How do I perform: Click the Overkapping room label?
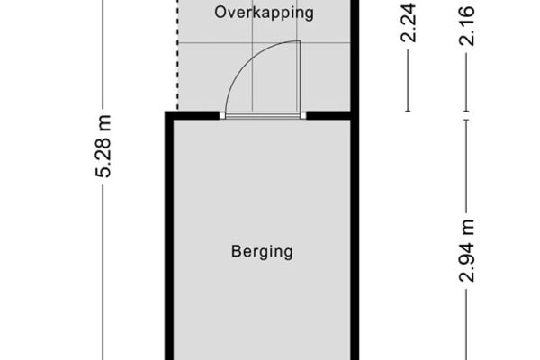tap(264, 13)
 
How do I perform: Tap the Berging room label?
tap(262, 252)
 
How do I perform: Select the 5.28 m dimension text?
tap(103, 147)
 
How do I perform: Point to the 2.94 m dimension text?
tap(467, 251)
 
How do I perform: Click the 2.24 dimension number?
tap(409, 23)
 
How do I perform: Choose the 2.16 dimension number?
tap(467, 25)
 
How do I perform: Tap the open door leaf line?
tap(299, 76)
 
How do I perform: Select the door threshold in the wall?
tap(263, 116)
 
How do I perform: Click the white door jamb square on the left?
tap(222, 116)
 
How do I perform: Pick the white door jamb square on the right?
tap(303, 116)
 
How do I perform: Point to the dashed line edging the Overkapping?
tap(178, 55)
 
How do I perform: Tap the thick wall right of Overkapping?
tap(355, 56)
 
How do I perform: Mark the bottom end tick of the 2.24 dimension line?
tap(409, 111)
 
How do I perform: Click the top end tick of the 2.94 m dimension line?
tap(467, 120)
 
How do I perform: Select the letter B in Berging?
tap(236, 251)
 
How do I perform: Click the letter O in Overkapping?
tap(220, 13)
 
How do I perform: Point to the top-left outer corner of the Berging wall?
tap(165, 112)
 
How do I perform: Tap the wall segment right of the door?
tap(328, 116)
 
